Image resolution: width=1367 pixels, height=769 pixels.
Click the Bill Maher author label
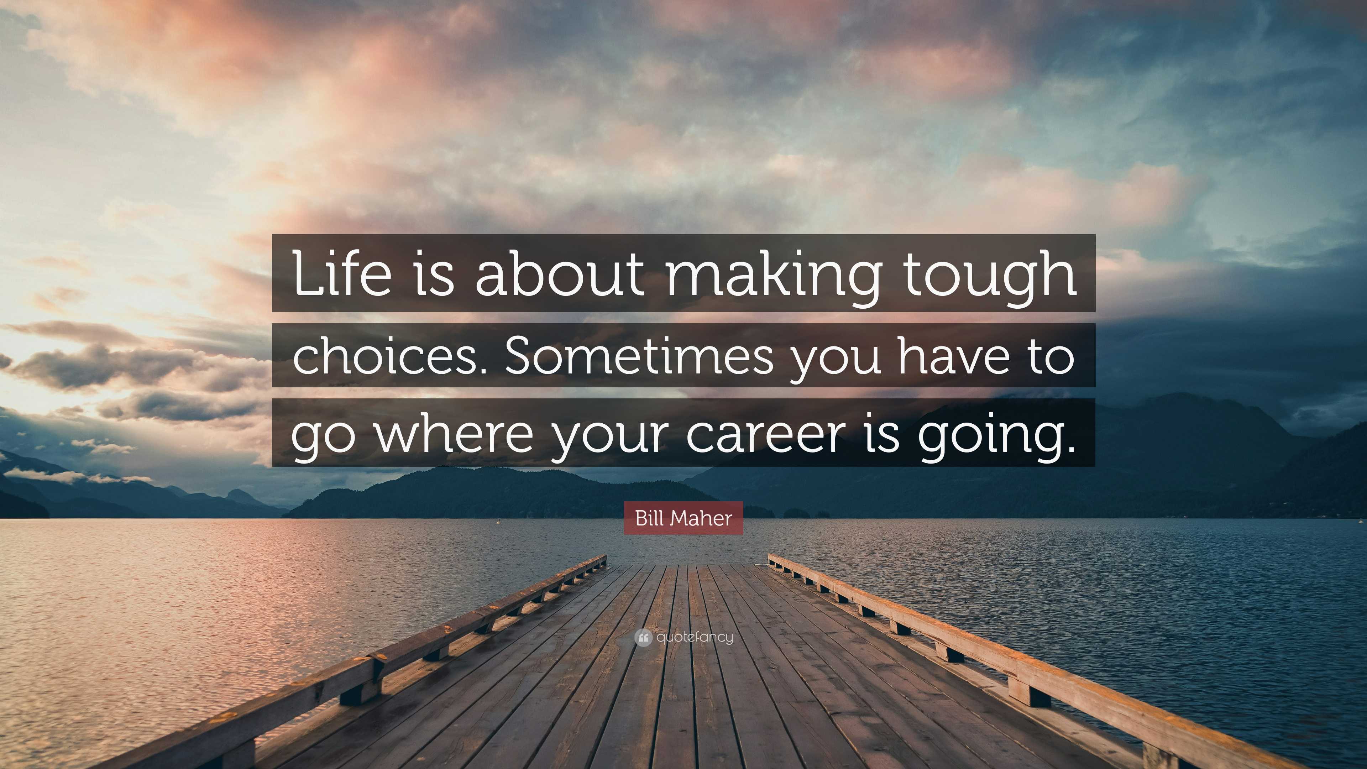pyautogui.click(x=683, y=518)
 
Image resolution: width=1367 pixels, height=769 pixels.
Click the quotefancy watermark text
pyautogui.click(x=695, y=637)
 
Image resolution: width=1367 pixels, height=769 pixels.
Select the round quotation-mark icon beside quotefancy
pyautogui.click(x=643, y=637)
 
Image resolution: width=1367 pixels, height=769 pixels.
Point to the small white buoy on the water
pyautogui.click(x=498, y=522)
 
